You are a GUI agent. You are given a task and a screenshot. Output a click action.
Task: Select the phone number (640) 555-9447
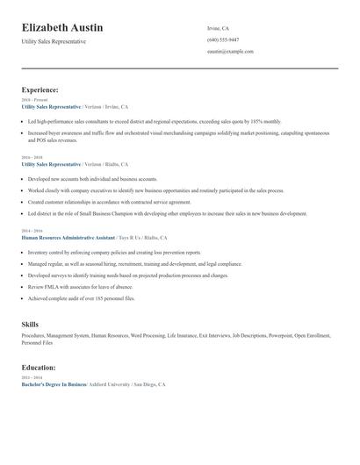click(223, 39)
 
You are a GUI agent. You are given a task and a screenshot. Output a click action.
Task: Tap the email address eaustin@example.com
click(230, 52)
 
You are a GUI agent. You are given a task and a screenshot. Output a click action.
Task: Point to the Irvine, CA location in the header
click(218, 28)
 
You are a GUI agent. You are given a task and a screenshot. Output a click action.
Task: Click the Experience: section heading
click(40, 89)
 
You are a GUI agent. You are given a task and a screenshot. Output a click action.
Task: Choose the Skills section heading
click(30, 325)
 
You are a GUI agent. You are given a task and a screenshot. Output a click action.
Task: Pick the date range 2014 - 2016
click(32, 232)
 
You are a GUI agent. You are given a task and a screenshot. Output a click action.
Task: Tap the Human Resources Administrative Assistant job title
click(69, 238)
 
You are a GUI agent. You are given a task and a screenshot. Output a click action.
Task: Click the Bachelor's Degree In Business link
click(54, 385)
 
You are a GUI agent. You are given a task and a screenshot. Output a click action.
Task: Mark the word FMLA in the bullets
click(49, 286)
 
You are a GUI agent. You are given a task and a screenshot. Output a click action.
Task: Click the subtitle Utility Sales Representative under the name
click(54, 41)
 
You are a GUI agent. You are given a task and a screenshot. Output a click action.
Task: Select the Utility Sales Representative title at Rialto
click(51, 164)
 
